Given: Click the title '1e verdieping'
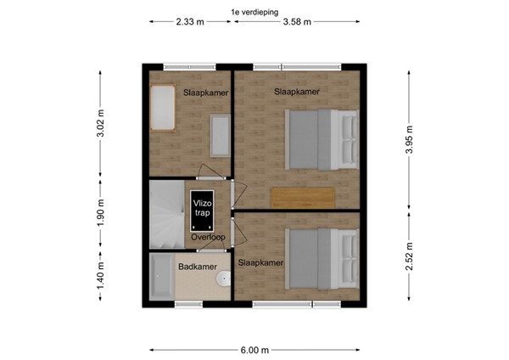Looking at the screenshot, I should pos(255,12).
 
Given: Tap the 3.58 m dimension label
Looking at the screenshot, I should pos(297,23).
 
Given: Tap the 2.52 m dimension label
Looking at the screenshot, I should pos(410,256).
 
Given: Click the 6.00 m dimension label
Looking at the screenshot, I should pos(254,349).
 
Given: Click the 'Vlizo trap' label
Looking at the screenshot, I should pos(202,209).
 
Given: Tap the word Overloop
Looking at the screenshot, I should pos(207,237).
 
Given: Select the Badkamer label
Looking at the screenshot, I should pos(195,267).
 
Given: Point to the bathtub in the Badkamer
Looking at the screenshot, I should pos(161,277).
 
